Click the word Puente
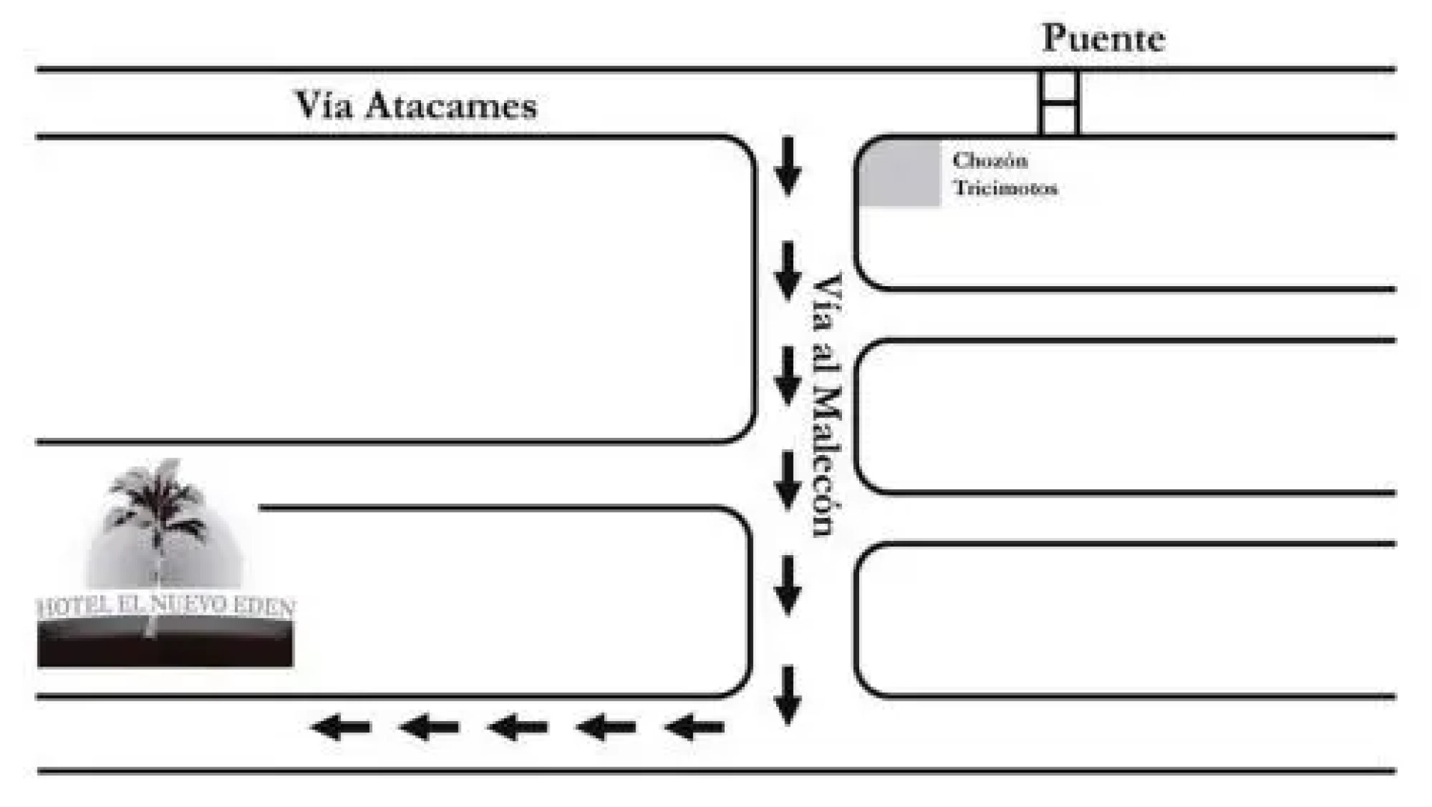point(1103,39)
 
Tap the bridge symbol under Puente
point(1059,103)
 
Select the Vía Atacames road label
point(416,105)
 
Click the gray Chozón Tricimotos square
point(900,173)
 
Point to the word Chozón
point(989,161)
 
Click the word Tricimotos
point(1005,188)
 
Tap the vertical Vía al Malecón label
point(828,404)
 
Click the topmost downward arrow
point(787,166)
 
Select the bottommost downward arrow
point(787,695)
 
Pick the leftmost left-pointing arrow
point(341,726)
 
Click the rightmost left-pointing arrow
point(694,726)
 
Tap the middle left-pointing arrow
point(517,726)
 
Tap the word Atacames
point(451,106)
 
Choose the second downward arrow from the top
point(787,270)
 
